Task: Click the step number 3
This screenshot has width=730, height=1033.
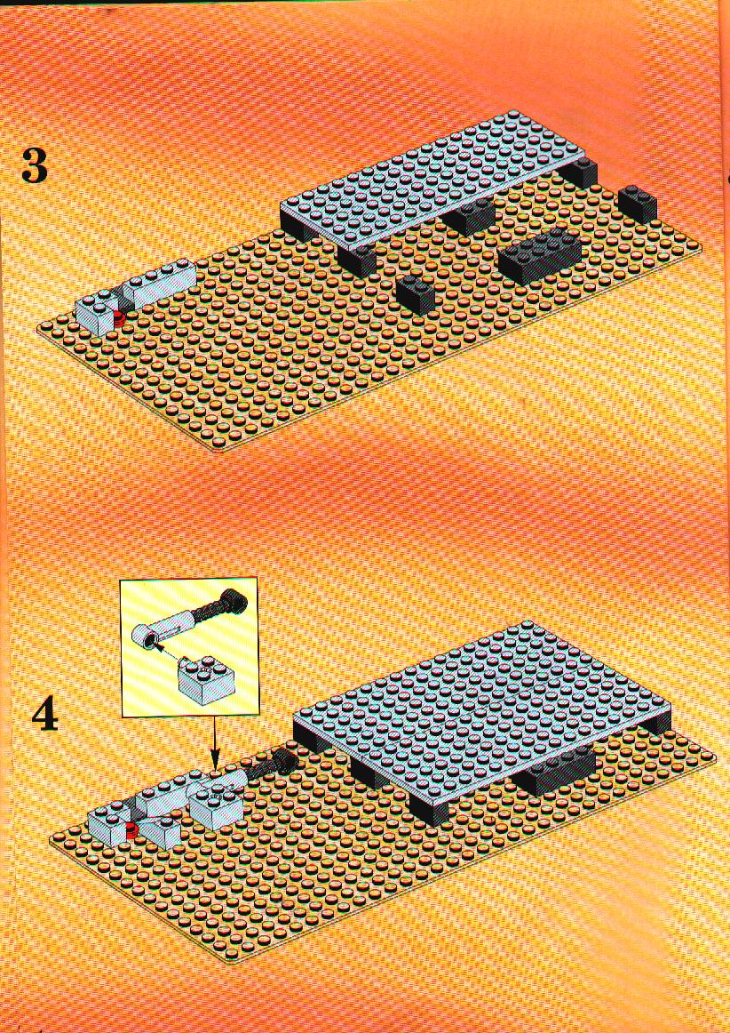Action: coord(35,165)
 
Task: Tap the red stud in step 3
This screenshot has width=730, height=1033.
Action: coord(118,320)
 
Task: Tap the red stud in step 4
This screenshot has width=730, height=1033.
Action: coord(131,829)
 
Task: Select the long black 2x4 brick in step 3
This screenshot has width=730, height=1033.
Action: coord(540,257)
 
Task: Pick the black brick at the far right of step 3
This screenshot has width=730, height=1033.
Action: coord(637,204)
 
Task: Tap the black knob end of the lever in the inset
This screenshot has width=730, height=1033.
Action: coord(234,601)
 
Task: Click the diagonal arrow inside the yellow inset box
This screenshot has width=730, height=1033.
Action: coord(169,654)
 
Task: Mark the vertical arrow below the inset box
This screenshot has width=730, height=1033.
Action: coord(214,741)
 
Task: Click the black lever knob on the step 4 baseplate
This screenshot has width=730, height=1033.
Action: coord(285,762)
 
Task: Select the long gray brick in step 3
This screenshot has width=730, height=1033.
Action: coord(159,283)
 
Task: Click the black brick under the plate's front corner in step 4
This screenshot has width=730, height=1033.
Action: coord(429,806)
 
